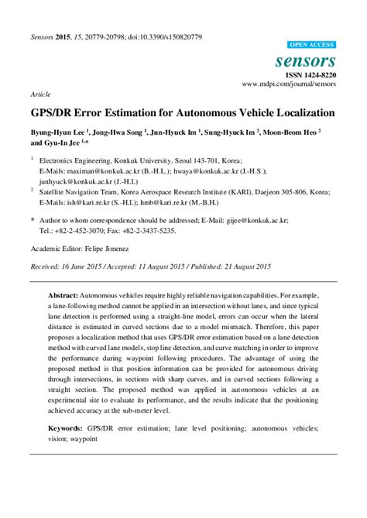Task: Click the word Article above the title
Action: click(40, 93)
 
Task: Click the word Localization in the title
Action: click(295, 111)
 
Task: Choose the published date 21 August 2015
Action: click(243, 266)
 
